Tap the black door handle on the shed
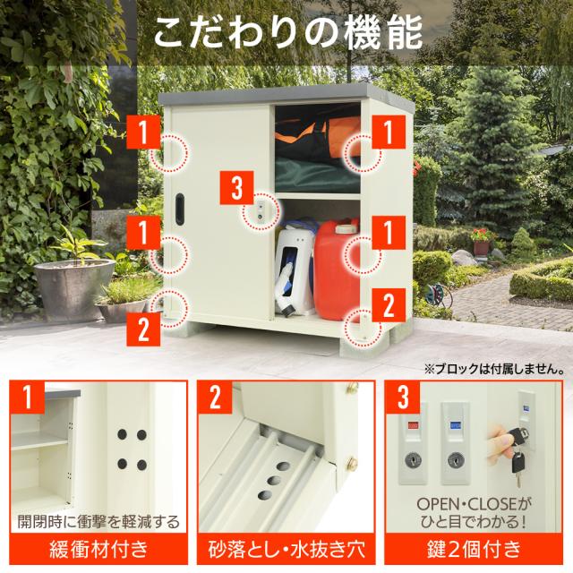(x=180, y=209)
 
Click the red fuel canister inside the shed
(x=337, y=269)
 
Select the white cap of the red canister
(x=346, y=229)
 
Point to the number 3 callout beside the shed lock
(x=236, y=187)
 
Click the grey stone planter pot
(x=74, y=289)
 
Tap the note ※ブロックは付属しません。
(x=494, y=369)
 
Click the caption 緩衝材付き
(x=98, y=549)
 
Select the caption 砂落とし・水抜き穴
(x=286, y=549)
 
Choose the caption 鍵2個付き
(x=474, y=549)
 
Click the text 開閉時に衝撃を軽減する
(x=98, y=521)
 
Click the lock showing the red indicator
(x=413, y=443)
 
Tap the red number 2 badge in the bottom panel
(x=215, y=398)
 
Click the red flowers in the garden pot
(x=481, y=235)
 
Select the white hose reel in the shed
(x=295, y=270)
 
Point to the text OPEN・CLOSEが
(x=474, y=505)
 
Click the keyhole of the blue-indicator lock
(x=455, y=460)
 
